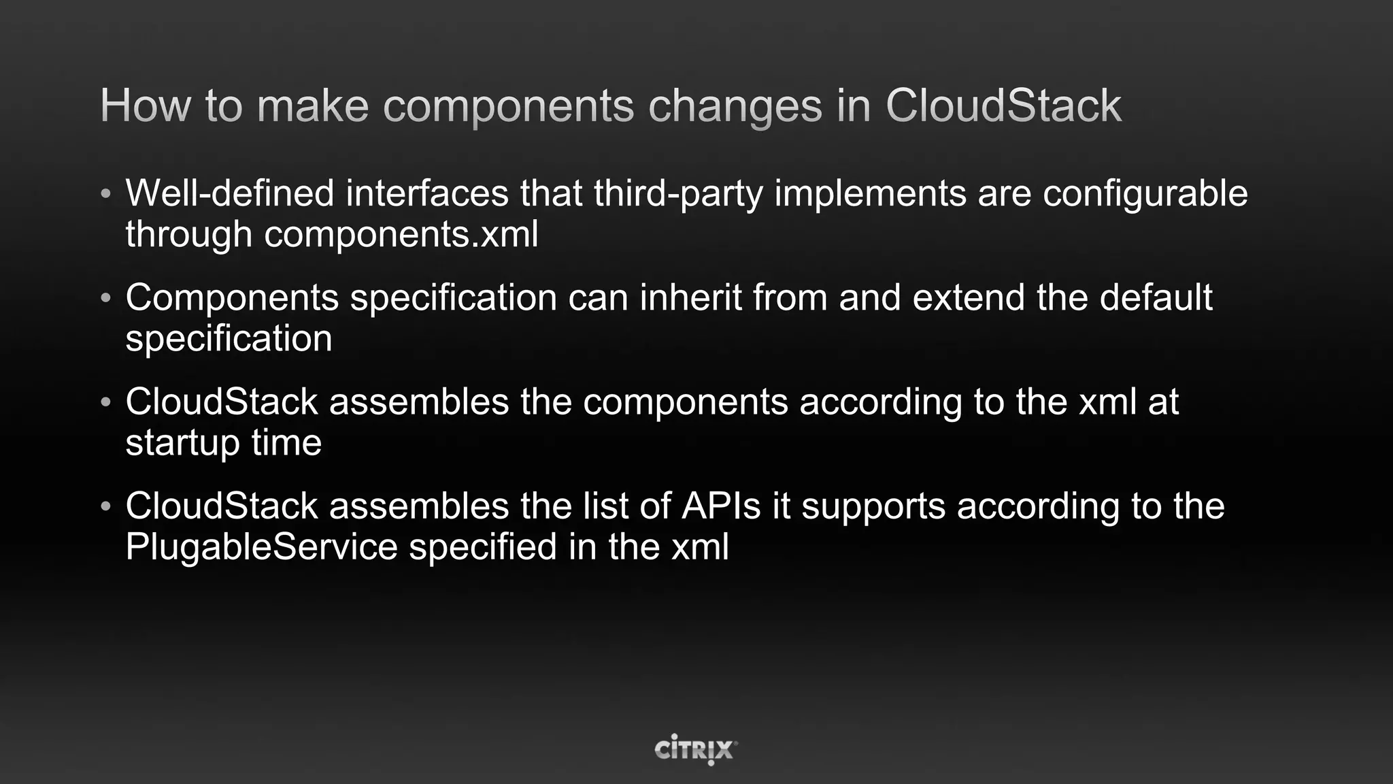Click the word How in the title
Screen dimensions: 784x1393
[145, 106]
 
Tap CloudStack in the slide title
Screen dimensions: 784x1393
[1003, 106]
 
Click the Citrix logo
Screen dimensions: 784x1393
[696, 749]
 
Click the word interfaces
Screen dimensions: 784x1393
[427, 193]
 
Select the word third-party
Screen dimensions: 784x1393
[678, 193]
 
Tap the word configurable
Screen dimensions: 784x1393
[1145, 193]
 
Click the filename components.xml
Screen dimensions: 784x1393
[401, 234]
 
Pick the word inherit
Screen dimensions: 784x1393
[690, 297]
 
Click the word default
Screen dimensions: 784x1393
[1156, 297]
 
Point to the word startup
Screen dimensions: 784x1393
[182, 444]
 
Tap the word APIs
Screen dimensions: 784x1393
[721, 506]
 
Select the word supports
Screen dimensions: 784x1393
[873, 508]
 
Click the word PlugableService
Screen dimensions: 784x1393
[261, 547]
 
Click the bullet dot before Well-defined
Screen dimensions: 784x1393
[105, 194]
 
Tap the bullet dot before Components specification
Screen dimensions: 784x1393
[105, 298]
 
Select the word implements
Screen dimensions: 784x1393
[870, 193]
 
